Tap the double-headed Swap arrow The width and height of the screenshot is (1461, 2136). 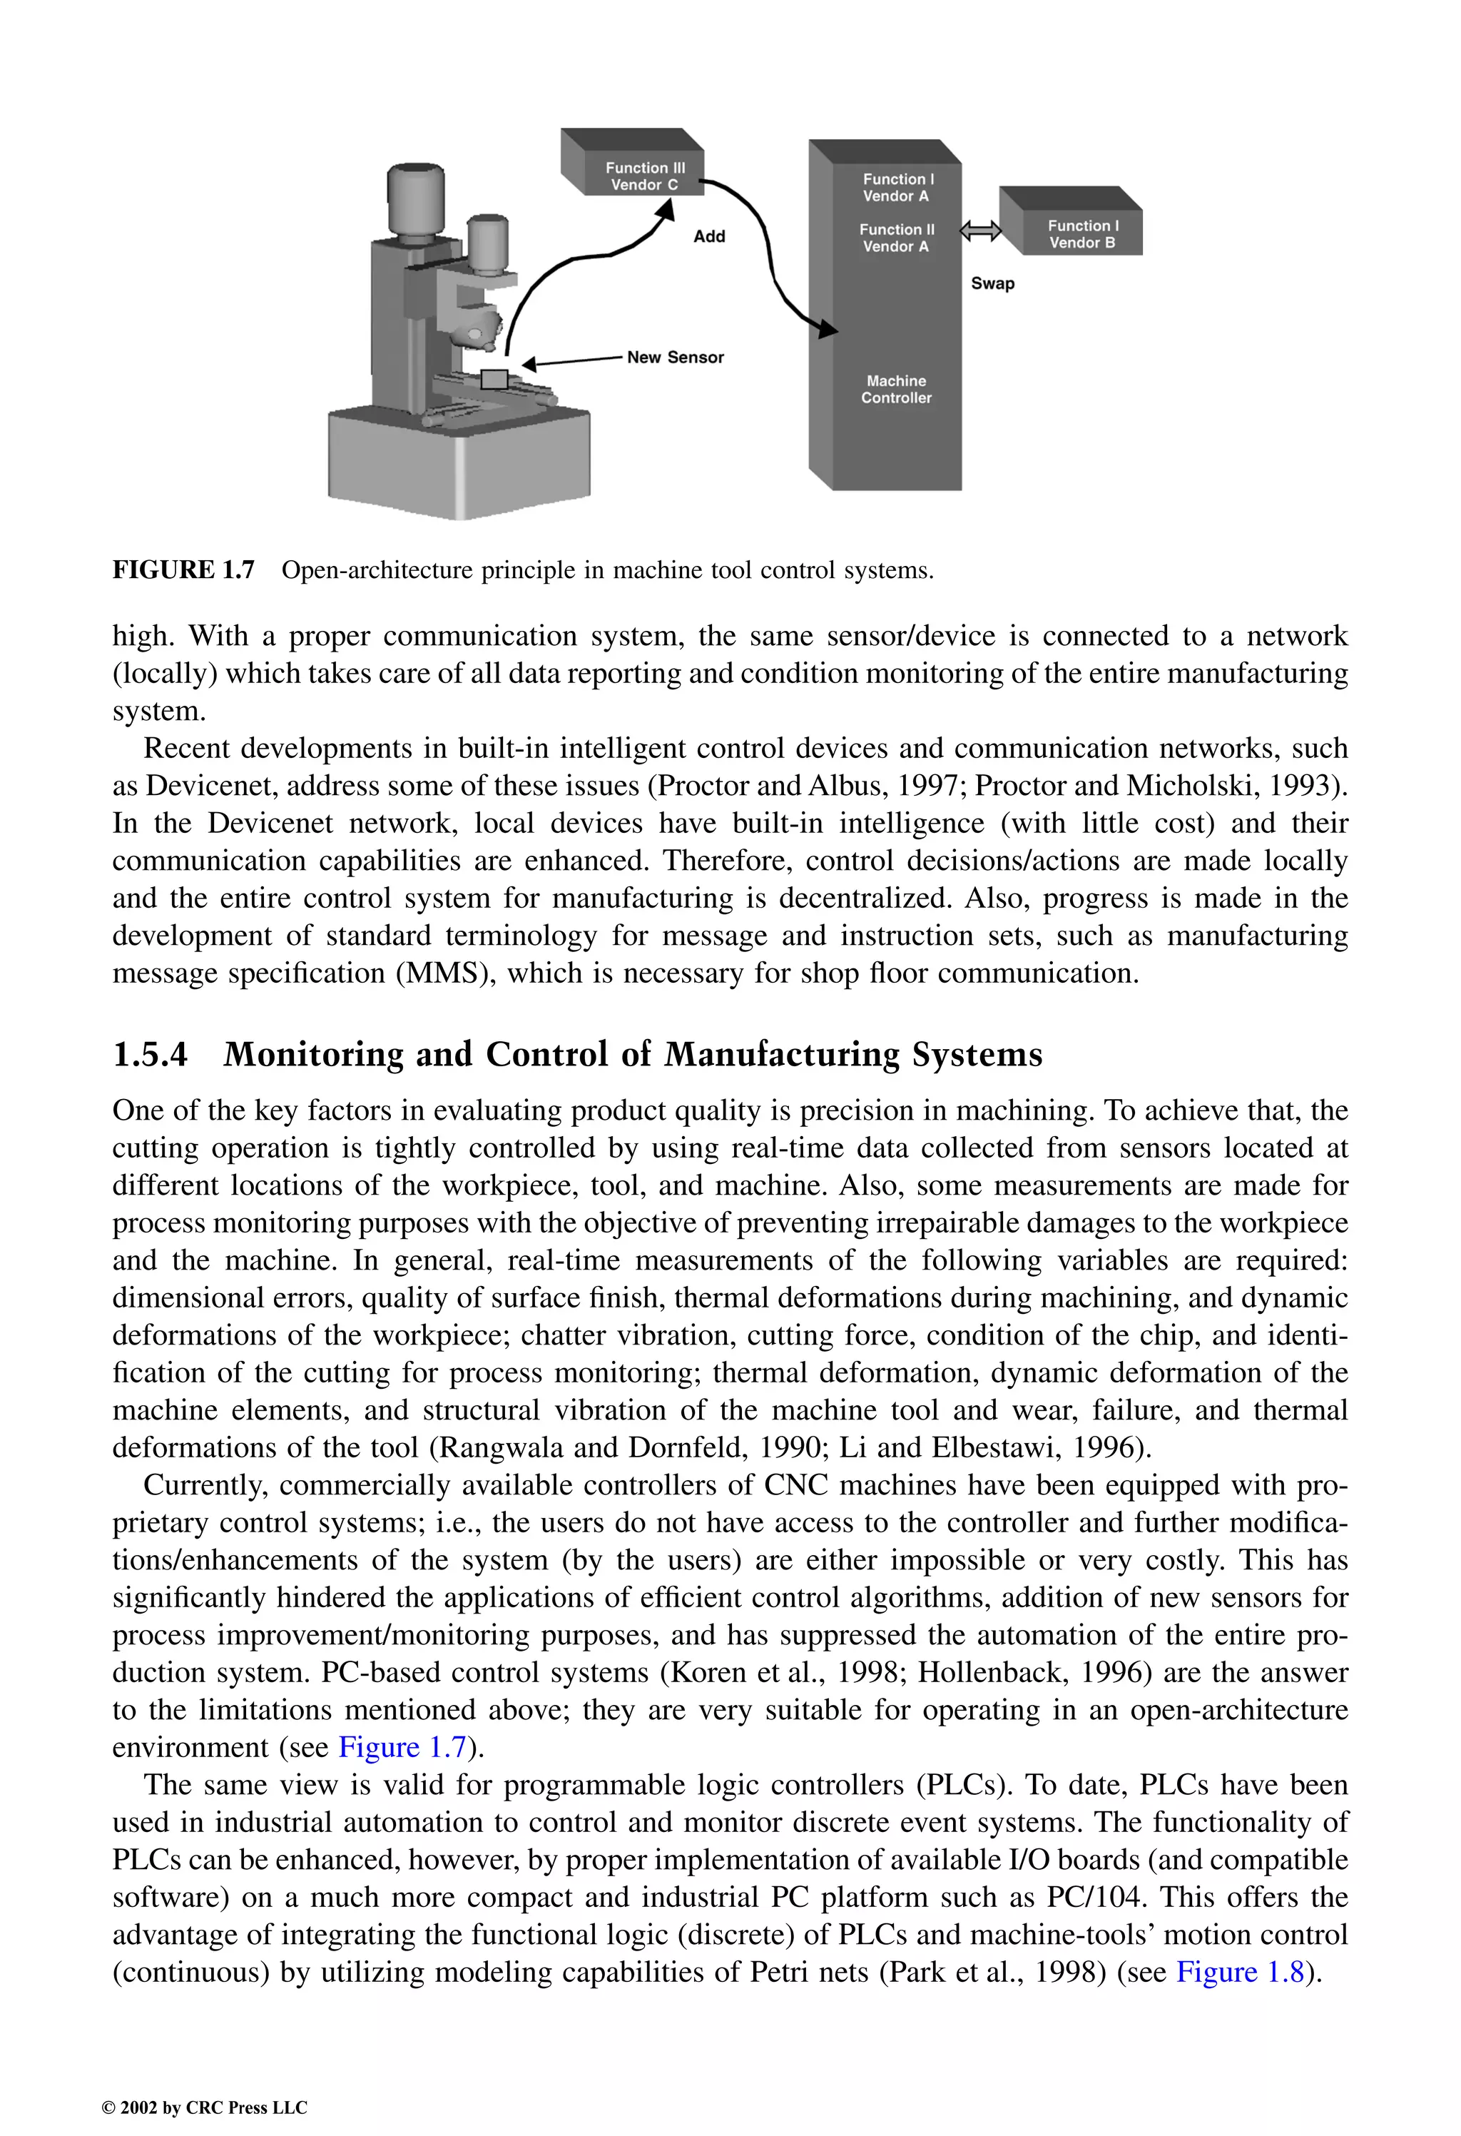(980, 232)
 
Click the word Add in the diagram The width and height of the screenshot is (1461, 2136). (708, 236)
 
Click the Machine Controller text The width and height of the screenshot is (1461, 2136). (896, 389)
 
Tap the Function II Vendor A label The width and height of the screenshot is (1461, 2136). (896, 238)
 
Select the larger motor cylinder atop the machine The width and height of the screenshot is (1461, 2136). (415, 201)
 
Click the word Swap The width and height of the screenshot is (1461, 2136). (992, 283)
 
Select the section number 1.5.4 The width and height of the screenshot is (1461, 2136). (150, 1054)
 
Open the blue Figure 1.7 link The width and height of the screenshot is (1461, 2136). (402, 1746)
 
